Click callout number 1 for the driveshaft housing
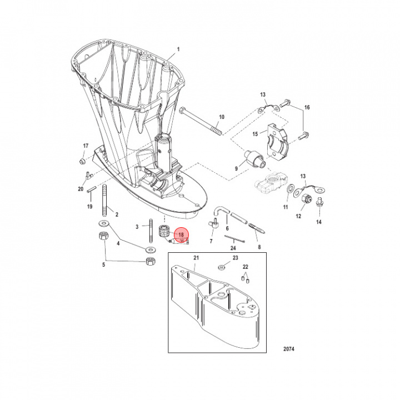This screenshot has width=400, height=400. tap(178, 49)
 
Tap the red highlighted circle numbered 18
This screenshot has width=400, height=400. tap(181, 236)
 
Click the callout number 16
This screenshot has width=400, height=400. tap(307, 107)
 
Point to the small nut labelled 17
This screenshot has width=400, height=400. tap(82, 161)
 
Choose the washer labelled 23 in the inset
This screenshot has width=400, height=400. tap(221, 267)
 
